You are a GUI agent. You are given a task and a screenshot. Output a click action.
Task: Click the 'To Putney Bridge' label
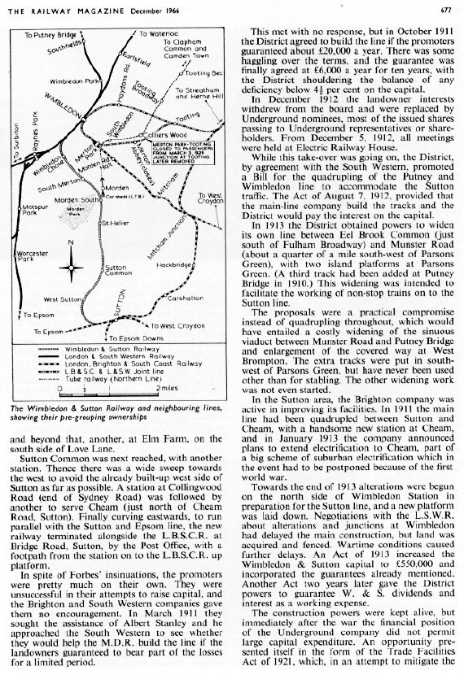pyautogui.click(x=49, y=35)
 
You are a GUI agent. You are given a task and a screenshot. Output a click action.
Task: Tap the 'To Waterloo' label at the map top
pyautogui.click(x=155, y=34)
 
